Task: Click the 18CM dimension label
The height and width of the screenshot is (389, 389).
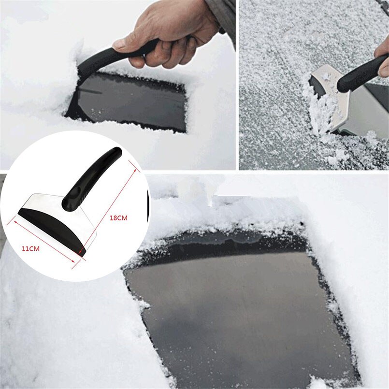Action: (118, 218)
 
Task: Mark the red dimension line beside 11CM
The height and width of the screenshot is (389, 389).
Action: (43, 242)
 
